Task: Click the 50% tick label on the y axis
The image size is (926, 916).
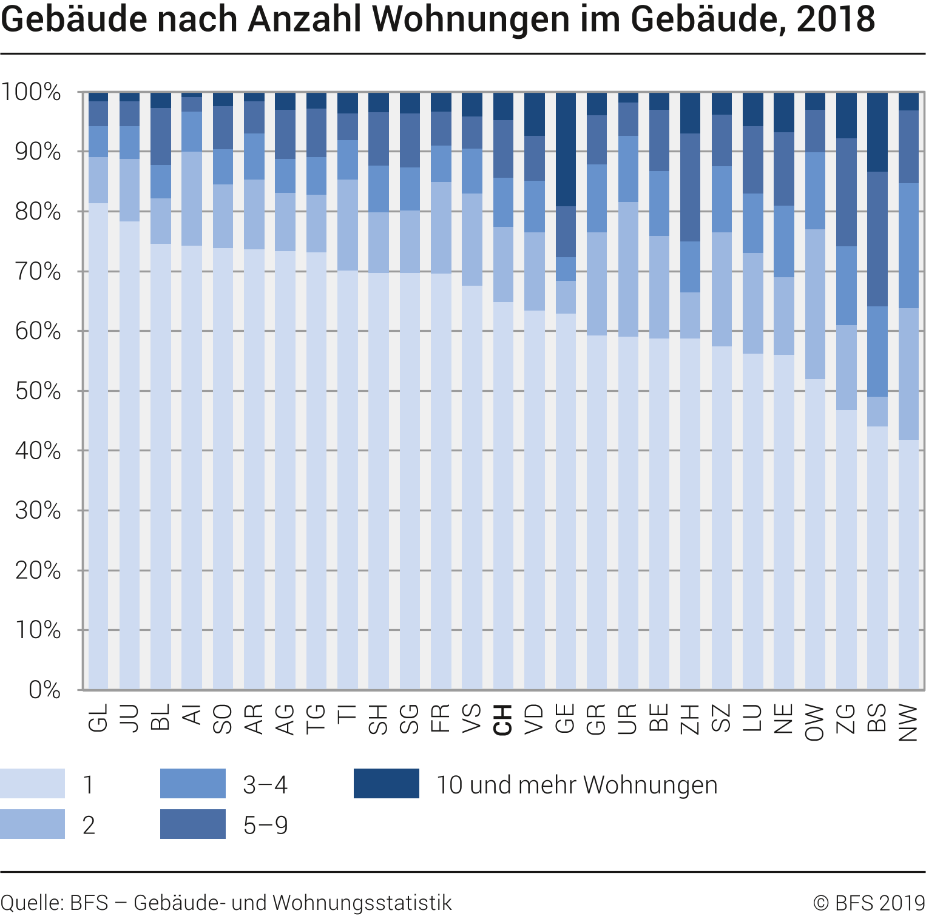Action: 38,391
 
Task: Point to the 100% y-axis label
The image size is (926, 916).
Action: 31,92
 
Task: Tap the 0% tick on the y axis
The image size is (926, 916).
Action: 44,690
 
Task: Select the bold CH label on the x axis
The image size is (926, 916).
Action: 502,720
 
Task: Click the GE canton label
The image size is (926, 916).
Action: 565,719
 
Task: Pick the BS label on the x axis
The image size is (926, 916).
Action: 877,719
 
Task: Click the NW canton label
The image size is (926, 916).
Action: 908,722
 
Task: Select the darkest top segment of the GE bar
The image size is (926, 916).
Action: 566,149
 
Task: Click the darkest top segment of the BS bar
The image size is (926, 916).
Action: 877,132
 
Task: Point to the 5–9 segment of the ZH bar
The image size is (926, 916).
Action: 690,187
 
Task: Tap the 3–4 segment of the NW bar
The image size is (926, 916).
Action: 908,246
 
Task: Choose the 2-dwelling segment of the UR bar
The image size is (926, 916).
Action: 627,269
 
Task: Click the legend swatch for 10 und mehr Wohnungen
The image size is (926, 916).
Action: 386,783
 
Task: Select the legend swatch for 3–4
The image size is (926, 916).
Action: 192,783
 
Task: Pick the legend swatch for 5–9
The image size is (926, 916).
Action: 192,824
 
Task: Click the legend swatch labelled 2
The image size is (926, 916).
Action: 32,824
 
